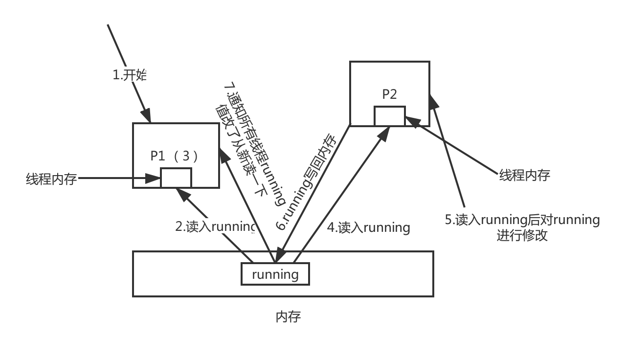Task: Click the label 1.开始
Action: tap(130, 75)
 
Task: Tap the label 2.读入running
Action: tap(215, 226)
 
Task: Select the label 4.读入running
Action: tap(368, 227)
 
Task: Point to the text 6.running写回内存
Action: tap(307, 182)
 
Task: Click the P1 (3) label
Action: tap(175, 156)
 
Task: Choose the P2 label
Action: tap(389, 94)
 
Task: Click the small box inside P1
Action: tap(176, 178)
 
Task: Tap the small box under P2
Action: tap(390, 116)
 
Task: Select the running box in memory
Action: tap(275, 274)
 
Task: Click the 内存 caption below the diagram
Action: tap(288, 317)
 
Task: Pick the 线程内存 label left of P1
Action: tap(51, 179)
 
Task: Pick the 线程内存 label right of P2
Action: tap(524, 175)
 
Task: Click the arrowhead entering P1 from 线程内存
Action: tap(156, 179)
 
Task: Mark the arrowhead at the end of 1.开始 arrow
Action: tap(146, 116)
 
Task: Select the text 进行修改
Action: tap(522, 235)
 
